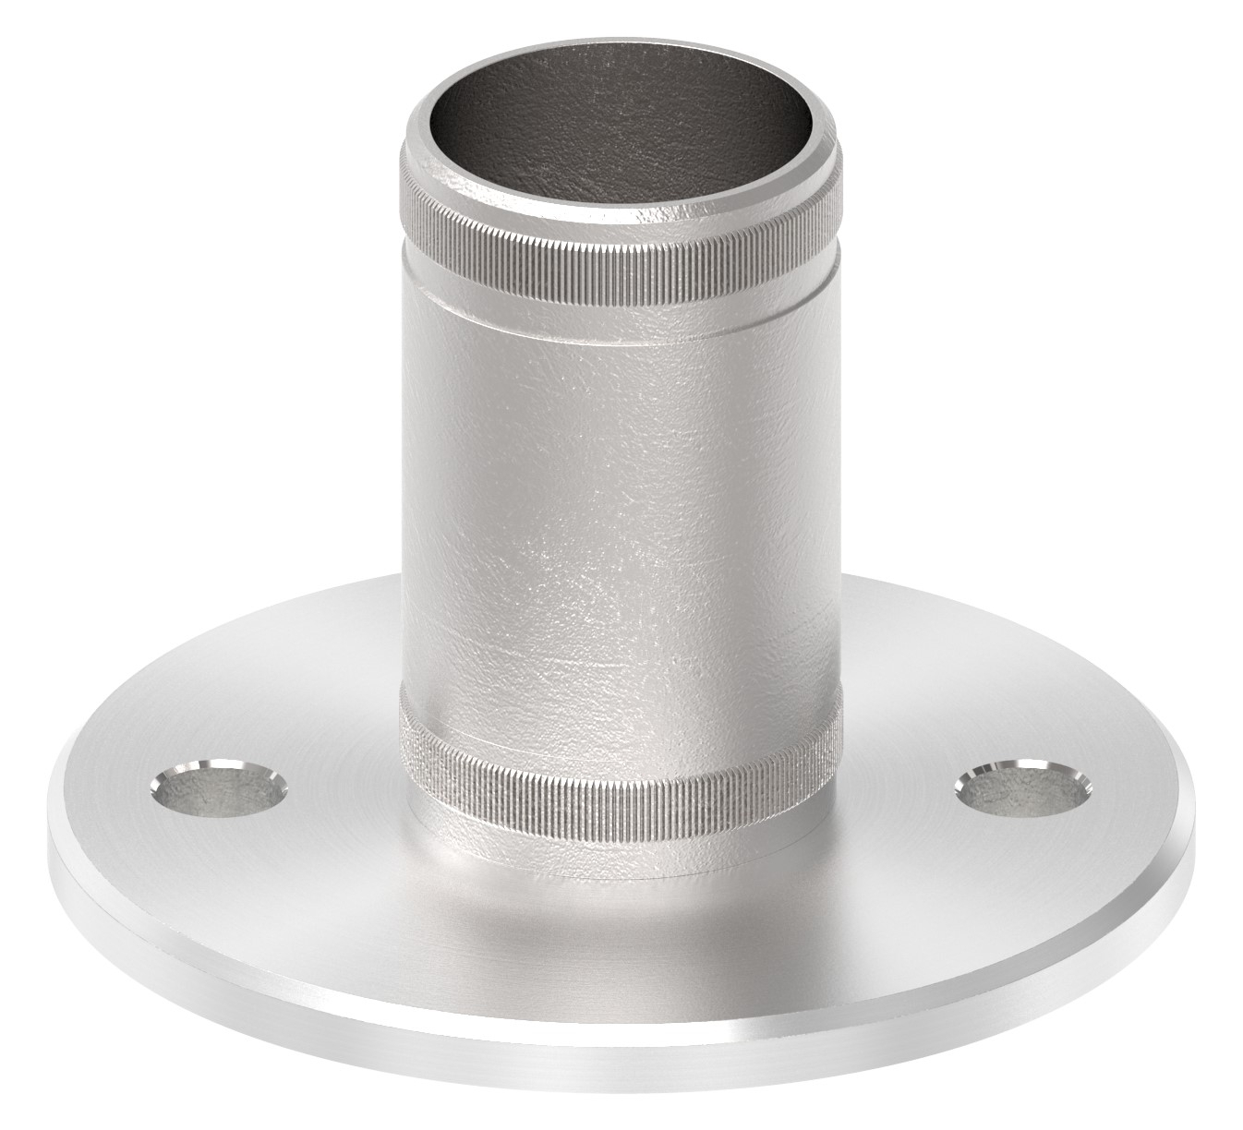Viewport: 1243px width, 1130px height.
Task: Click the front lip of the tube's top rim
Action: (621, 198)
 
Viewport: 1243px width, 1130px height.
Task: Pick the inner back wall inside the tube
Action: (621, 92)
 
